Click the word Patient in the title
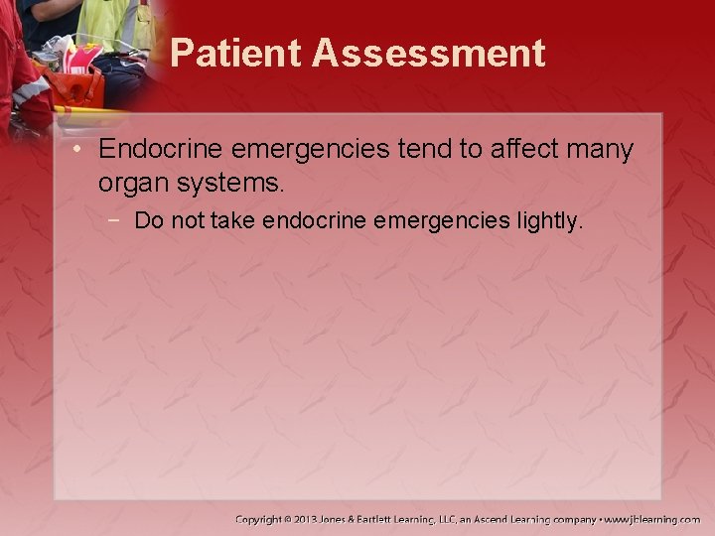[x=235, y=53]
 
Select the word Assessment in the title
[x=429, y=53]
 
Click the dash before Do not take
[x=116, y=220]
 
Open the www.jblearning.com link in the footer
[x=653, y=519]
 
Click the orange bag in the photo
[x=74, y=89]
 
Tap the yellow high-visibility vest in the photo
[x=114, y=25]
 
